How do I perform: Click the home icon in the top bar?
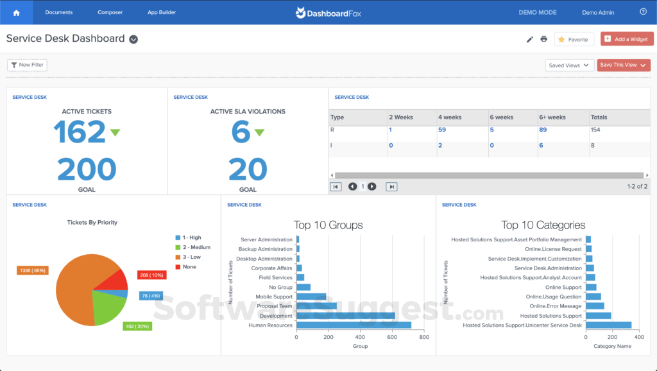click(16, 12)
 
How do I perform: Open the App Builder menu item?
click(162, 12)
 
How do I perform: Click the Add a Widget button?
click(627, 39)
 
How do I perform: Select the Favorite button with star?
click(574, 39)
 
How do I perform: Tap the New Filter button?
click(27, 65)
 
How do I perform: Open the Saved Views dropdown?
click(569, 65)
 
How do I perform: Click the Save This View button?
click(623, 65)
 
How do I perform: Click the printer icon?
click(544, 39)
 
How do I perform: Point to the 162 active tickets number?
click(79, 132)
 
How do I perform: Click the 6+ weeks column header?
click(552, 117)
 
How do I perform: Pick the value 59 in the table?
click(442, 130)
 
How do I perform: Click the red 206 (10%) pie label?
click(151, 275)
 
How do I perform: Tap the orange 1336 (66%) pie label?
click(32, 270)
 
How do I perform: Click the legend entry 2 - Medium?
click(195, 247)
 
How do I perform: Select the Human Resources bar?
click(354, 325)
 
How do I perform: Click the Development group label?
click(276, 316)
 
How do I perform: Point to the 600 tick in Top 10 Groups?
click(392, 336)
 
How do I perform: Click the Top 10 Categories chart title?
click(543, 225)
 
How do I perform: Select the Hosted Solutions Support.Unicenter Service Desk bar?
click(608, 325)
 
